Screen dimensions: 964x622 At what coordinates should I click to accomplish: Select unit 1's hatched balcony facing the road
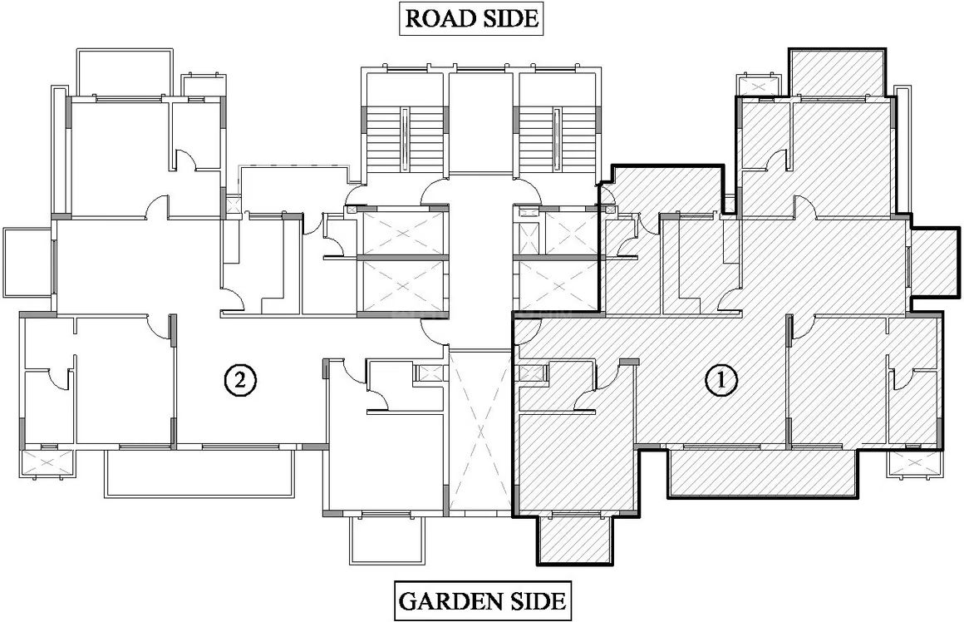pos(838,72)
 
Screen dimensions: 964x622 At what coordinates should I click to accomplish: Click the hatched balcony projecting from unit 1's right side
pos(934,262)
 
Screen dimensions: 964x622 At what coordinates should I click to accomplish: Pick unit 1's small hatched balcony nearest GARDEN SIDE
pos(575,539)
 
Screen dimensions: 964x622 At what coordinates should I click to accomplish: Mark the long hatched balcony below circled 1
pos(763,472)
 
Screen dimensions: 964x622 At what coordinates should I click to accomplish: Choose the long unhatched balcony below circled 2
pos(202,472)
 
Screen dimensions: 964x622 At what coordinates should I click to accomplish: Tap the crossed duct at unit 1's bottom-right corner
pos(913,463)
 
